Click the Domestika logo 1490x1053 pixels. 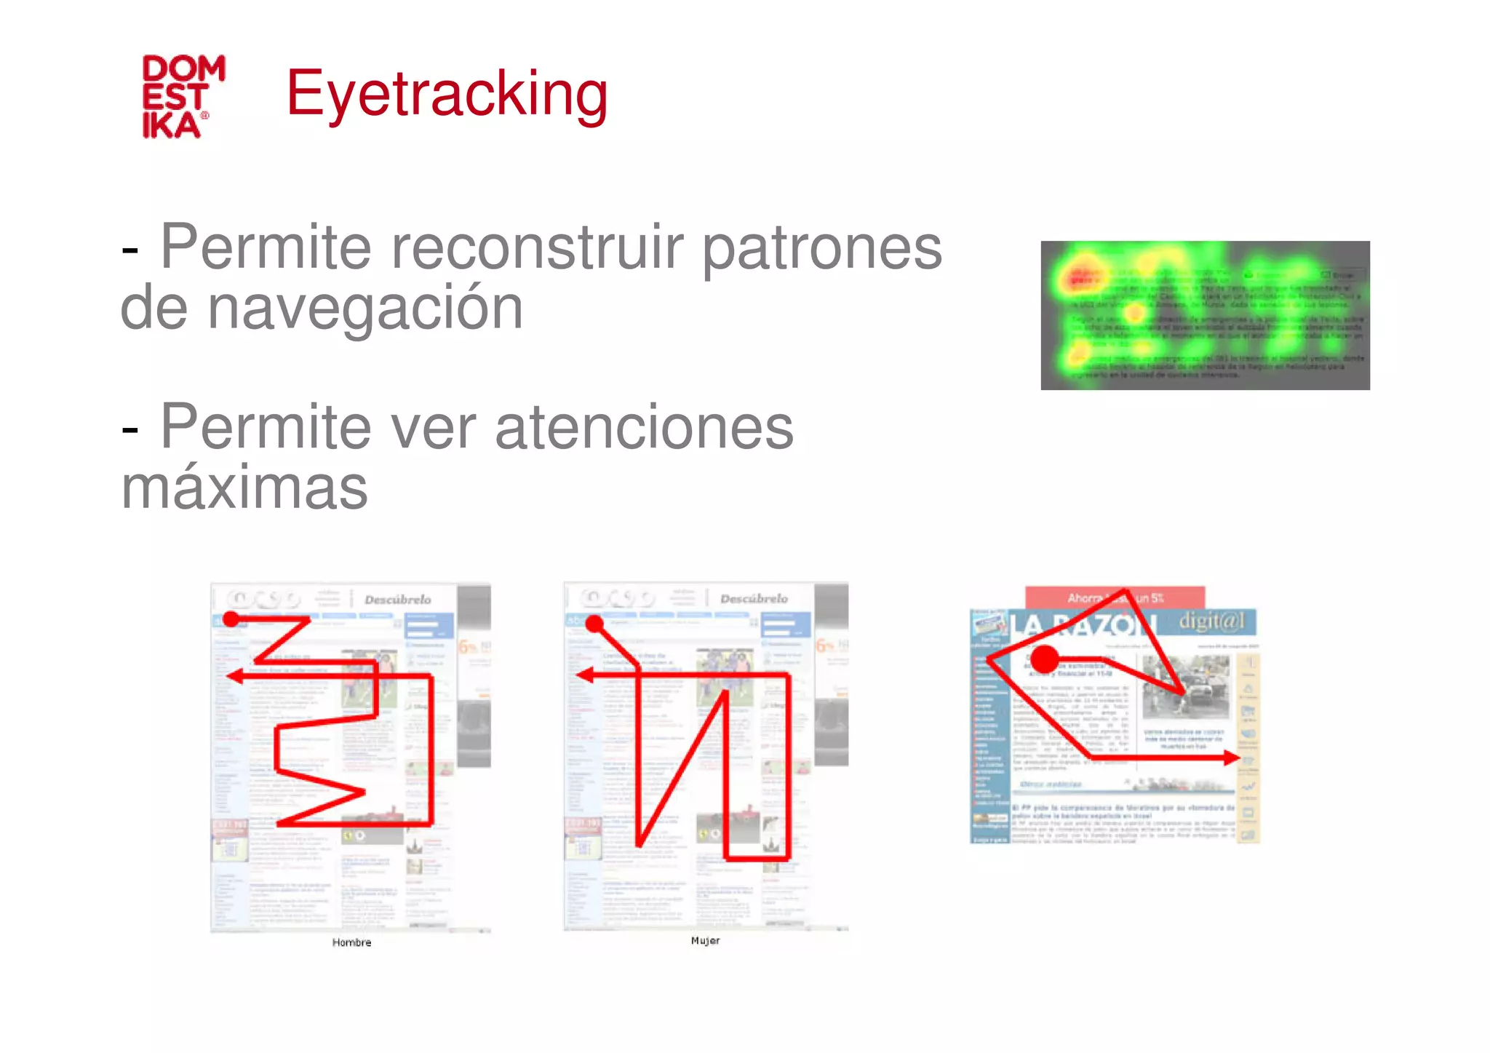[x=183, y=96]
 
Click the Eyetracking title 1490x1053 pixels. [x=447, y=94]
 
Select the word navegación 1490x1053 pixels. [x=364, y=309]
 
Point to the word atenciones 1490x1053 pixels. [x=644, y=427]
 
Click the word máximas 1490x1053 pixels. [x=244, y=488]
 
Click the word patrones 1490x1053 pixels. [x=821, y=247]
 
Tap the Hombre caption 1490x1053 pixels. [x=351, y=942]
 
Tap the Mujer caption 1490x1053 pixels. [x=705, y=940]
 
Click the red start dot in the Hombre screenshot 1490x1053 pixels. [x=231, y=619]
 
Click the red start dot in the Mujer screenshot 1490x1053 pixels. [x=594, y=624]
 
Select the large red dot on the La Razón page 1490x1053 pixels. [x=1045, y=659]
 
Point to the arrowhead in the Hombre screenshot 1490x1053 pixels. [x=234, y=677]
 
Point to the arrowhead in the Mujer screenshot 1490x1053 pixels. [x=583, y=675]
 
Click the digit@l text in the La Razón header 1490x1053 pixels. [x=1211, y=621]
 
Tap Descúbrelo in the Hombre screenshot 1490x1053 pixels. [x=397, y=600]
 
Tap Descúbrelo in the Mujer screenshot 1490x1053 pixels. [x=754, y=599]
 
